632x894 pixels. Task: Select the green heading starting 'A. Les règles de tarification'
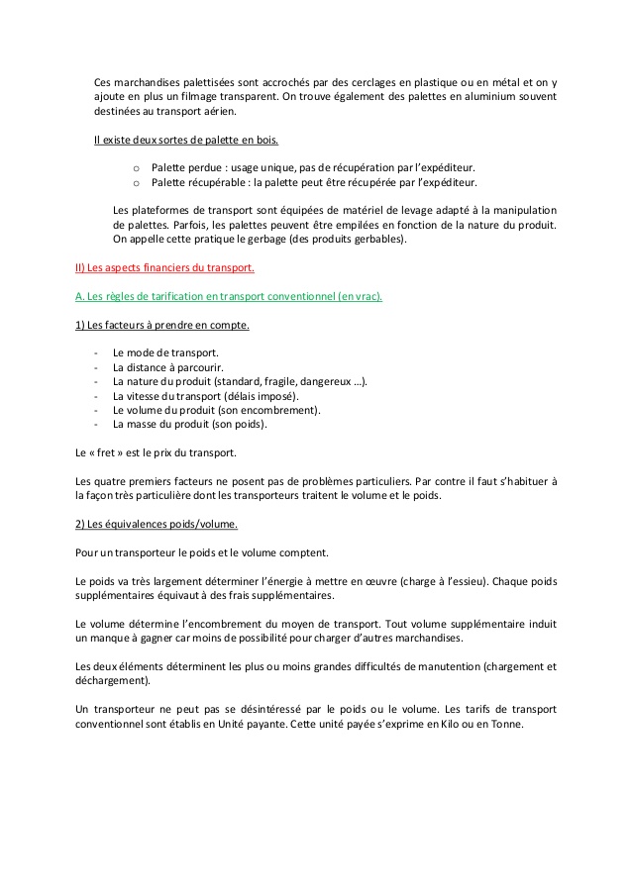pos(229,296)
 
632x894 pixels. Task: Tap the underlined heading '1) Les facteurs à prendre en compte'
pos(162,324)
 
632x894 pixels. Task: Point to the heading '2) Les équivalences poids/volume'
pos(157,524)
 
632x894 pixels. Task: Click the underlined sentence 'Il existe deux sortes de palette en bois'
pos(186,140)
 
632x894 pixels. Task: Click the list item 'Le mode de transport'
pos(165,352)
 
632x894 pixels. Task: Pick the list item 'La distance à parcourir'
pos(167,366)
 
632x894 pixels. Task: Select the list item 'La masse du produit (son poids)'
pos(190,424)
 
